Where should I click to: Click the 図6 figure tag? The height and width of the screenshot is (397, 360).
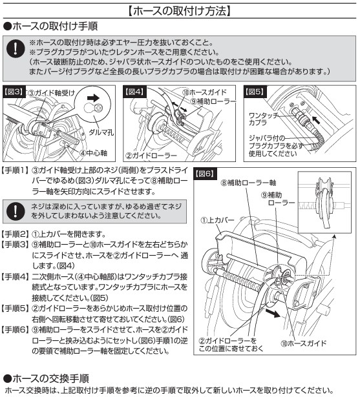coord(205,174)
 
